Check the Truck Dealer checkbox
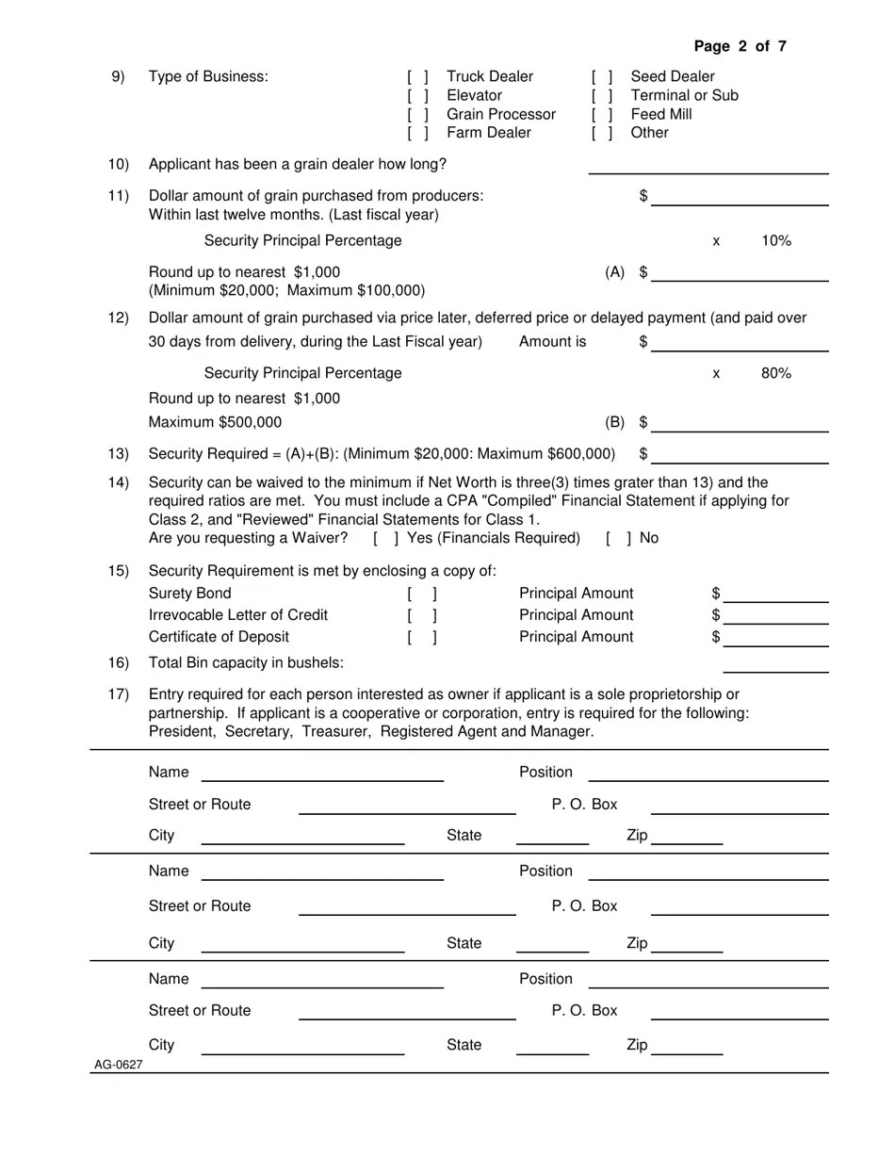click(418, 76)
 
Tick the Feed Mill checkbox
click(602, 114)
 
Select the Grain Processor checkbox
click(418, 114)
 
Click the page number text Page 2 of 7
click(740, 46)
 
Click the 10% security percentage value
click(775, 240)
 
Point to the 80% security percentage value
click(775, 373)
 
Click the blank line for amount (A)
click(740, 273)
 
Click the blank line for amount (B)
click(740, 423)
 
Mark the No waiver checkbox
click(618, 538)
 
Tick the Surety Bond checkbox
click(422, 595)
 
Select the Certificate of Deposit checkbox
click(422, 638)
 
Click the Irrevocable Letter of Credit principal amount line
click(776, 616)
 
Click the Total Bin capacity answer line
click(775, 664)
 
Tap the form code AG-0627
click(118, 1065)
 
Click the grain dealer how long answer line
click(708, 166)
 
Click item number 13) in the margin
click(118, 454)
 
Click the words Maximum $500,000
click(215, 422)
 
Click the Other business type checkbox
click(602, 133)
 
